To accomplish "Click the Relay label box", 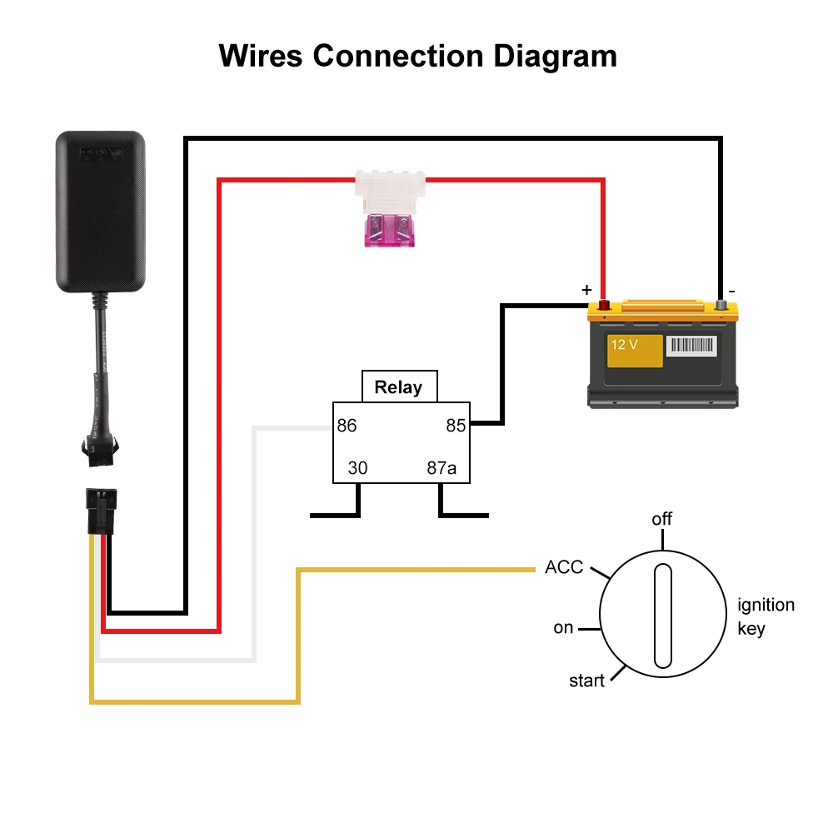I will point(398,387).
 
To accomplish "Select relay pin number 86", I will point(347,426).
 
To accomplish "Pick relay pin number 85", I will point(456,426).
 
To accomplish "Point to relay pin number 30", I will point(357,468).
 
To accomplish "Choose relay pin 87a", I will point(441,468).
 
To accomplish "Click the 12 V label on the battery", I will point(624,345).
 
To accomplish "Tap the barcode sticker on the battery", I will point(691,346).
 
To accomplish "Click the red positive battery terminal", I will point(605,306).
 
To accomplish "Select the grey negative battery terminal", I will point(721,306).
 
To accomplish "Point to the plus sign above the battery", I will point(586,290).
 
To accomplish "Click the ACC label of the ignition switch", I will point(564,568).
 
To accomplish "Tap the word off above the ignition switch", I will point(661,519).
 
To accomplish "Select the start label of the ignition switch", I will point(586,681).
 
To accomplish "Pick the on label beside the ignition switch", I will point(563,628).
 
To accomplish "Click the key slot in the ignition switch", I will point(662,616).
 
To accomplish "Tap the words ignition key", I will point(766,616).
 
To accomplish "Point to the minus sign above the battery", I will point(731,290).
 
